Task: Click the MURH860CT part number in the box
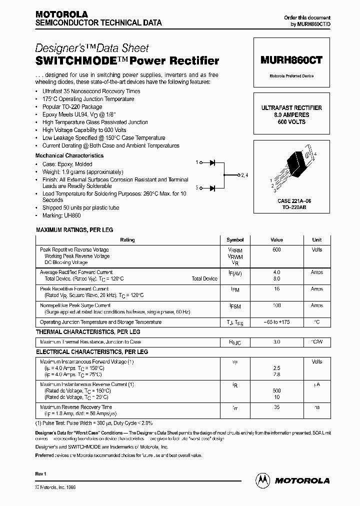click(x=291, y=59)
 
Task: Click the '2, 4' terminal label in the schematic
click(x=244, y=175)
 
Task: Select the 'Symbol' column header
click(x=235, y=240)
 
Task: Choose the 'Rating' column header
click(x=127, y=240)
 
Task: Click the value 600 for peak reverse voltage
click(x=276, y=249)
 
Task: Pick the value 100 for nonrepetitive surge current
click(x=276, y=305)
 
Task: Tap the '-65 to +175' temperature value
click(x=276, y=322)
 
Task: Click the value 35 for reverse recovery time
click(x=276, y=407)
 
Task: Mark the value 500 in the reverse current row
click(x=276, y=390)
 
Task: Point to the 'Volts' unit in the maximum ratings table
click(x=317, y=249)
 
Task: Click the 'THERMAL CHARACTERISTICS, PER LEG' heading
click(x=88, y=332)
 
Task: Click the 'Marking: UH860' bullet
click(x=61, y=215)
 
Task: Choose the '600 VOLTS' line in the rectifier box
click(x=291, y=121)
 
